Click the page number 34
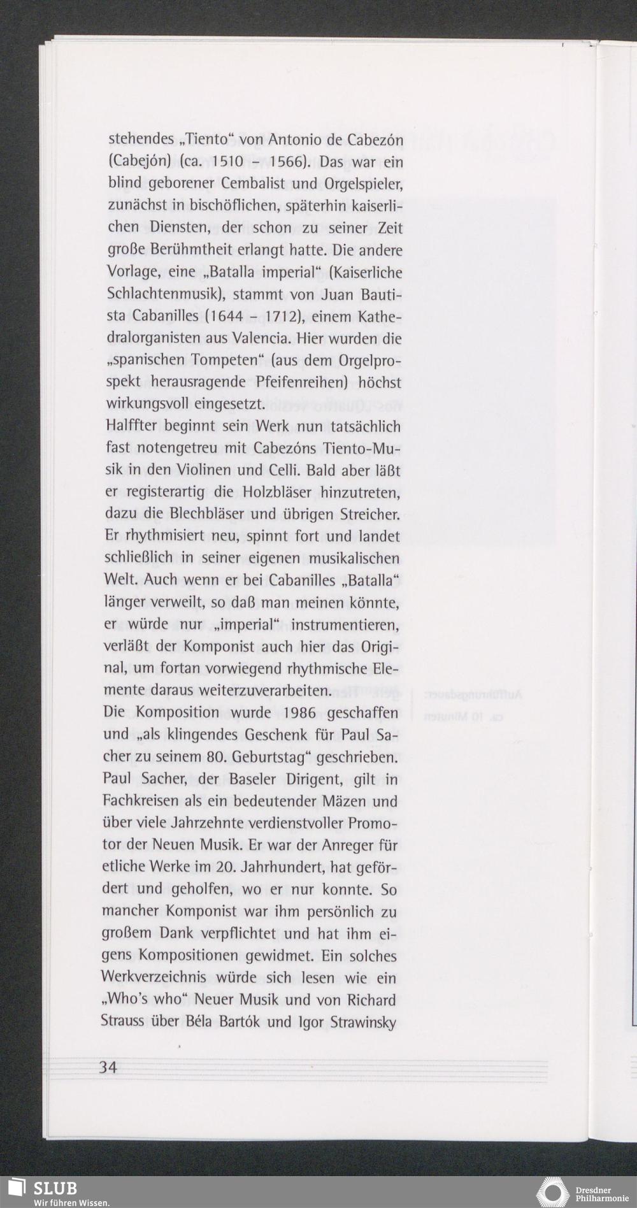[108, 1067]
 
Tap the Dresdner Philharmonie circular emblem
[552, 1193]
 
